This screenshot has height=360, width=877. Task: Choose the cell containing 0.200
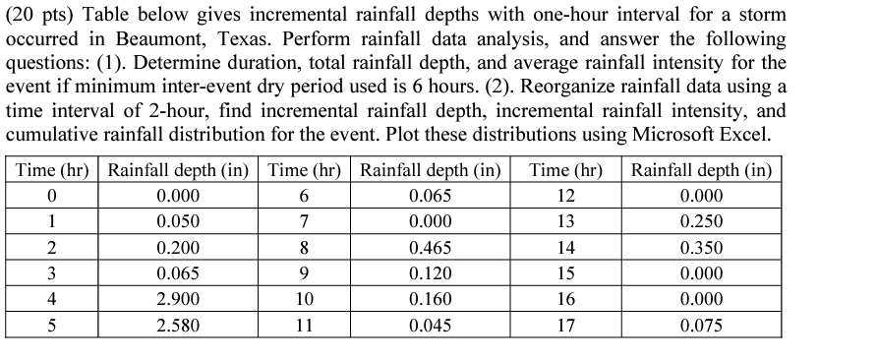tap(178, 248)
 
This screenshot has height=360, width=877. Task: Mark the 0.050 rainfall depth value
tap(178, 222)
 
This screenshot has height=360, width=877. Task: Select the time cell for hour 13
tap(564, 222)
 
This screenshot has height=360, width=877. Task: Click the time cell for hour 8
tap(305, 248)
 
